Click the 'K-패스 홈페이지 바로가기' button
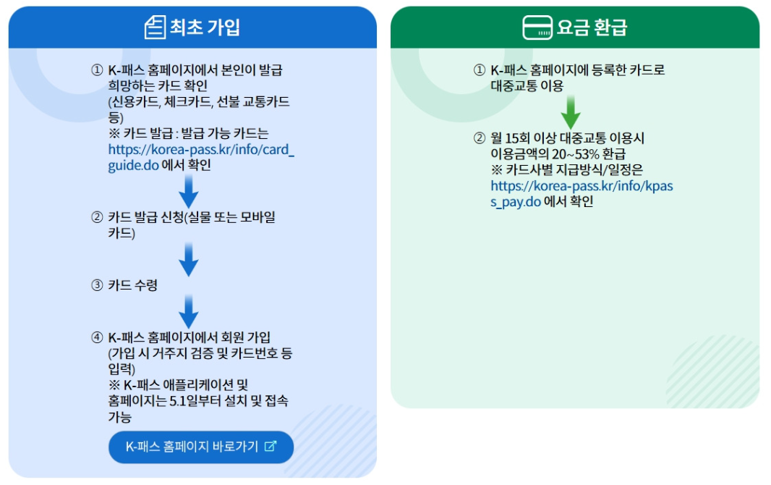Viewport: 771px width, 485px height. (x=201, y=447)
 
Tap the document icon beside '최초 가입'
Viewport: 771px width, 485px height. (x=155, y=28)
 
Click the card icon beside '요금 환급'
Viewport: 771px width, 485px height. (x=537, y=28)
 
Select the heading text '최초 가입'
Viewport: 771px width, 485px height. (x=205, y=28)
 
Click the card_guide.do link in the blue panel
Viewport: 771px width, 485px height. (x=201, y=158)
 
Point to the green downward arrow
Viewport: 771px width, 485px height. (x=571, y=111)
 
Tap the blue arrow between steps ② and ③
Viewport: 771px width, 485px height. (x=189, y=259)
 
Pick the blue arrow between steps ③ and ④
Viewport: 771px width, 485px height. (x=189, y=311)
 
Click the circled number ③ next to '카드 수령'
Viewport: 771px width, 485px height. (x=97, y=285)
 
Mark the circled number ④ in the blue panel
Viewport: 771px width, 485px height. (x=97, y=337)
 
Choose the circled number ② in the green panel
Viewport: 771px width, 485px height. (x=480, y=138)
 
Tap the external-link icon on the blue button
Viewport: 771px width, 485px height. (x=271, y=447)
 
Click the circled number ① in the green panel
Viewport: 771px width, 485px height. (x=480, y=70)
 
